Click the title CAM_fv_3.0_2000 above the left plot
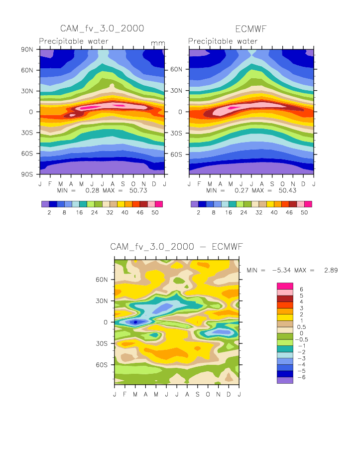pos(102,28)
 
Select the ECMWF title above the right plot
pos(251,28)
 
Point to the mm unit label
pos(158,43)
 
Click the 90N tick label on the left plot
pos(26,49)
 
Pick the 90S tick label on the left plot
pos(26,174)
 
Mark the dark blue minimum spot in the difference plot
pos(135,322)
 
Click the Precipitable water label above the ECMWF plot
pos(223,41)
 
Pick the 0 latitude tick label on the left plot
pos(30,112)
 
